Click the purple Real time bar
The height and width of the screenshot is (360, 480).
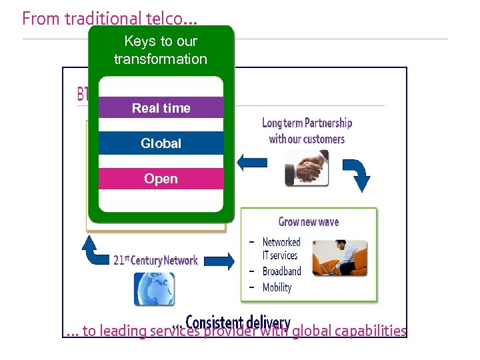pos(161,108)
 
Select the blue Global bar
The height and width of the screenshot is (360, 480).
pos(161,143)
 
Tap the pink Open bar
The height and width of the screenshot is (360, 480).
pos(161,179)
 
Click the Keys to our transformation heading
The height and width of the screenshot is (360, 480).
pos(161,50)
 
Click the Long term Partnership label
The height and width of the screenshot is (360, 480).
pos(307,131)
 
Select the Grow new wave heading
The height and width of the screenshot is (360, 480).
pos(308,222)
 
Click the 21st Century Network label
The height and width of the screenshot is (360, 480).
pos(155,260)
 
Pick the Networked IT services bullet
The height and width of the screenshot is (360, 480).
pos(281,249)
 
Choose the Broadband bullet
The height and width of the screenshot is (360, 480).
pos(281,271)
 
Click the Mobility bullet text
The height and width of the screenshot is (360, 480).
pos(277,287)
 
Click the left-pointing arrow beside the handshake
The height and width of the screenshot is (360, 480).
pos(252,161)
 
